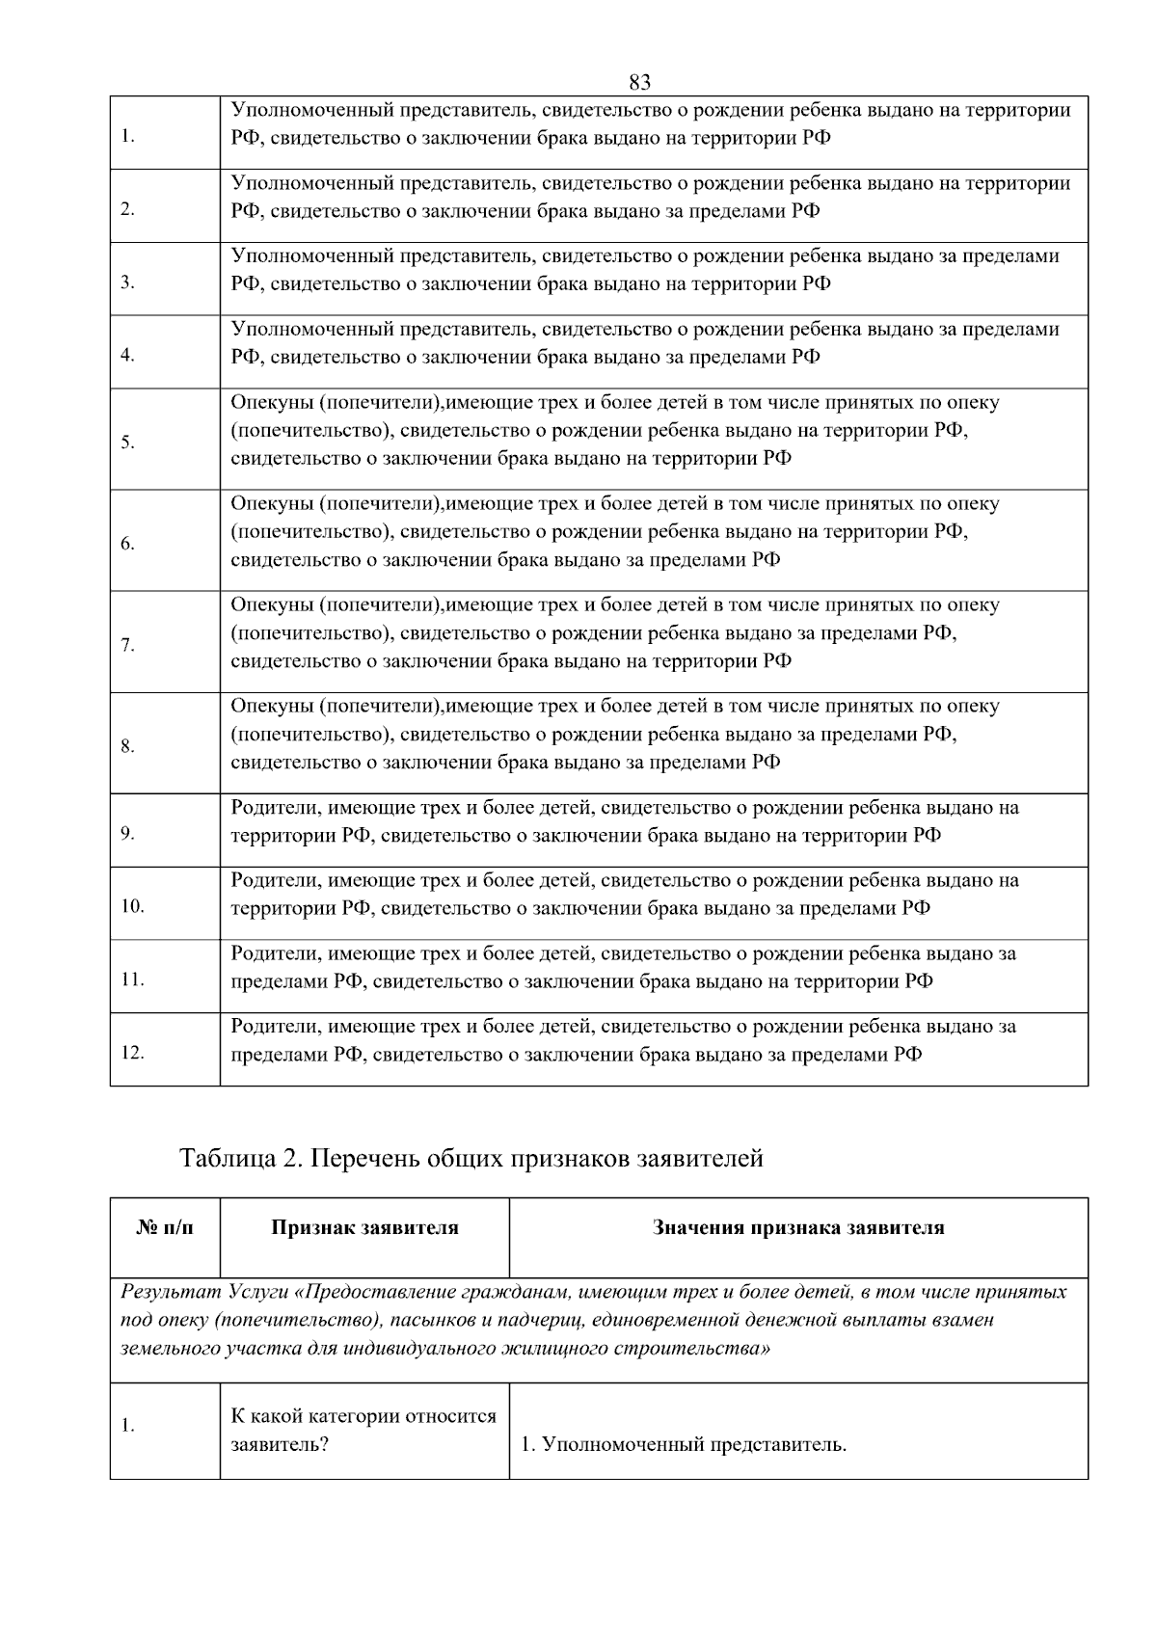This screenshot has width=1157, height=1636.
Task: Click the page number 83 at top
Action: tap(639, 82)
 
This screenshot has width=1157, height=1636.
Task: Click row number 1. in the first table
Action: tap(127, 136)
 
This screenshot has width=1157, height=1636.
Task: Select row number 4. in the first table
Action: tap(127, 355)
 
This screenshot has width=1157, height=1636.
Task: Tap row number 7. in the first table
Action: tap(127, 645)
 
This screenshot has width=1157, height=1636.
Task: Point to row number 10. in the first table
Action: tap(132, 906)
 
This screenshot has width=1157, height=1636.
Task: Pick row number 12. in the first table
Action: tap(132, 1053)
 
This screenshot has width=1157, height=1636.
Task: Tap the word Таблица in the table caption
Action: tap(228, 1158)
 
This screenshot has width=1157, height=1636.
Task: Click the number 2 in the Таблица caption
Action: tap(289, 1158)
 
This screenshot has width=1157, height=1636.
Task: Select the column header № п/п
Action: tap(165, 1228)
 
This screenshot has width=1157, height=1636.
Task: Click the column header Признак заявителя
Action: tap(364, 1228)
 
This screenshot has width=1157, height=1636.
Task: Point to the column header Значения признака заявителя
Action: tap(798, 1228)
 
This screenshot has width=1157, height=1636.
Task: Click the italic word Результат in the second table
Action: tap(171, 1292)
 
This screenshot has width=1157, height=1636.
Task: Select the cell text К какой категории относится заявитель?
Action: tap(363, 1431)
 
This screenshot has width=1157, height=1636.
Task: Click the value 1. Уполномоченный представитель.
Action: tap(684, 1445)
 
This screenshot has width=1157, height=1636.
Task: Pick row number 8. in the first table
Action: tap(127, 746)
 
